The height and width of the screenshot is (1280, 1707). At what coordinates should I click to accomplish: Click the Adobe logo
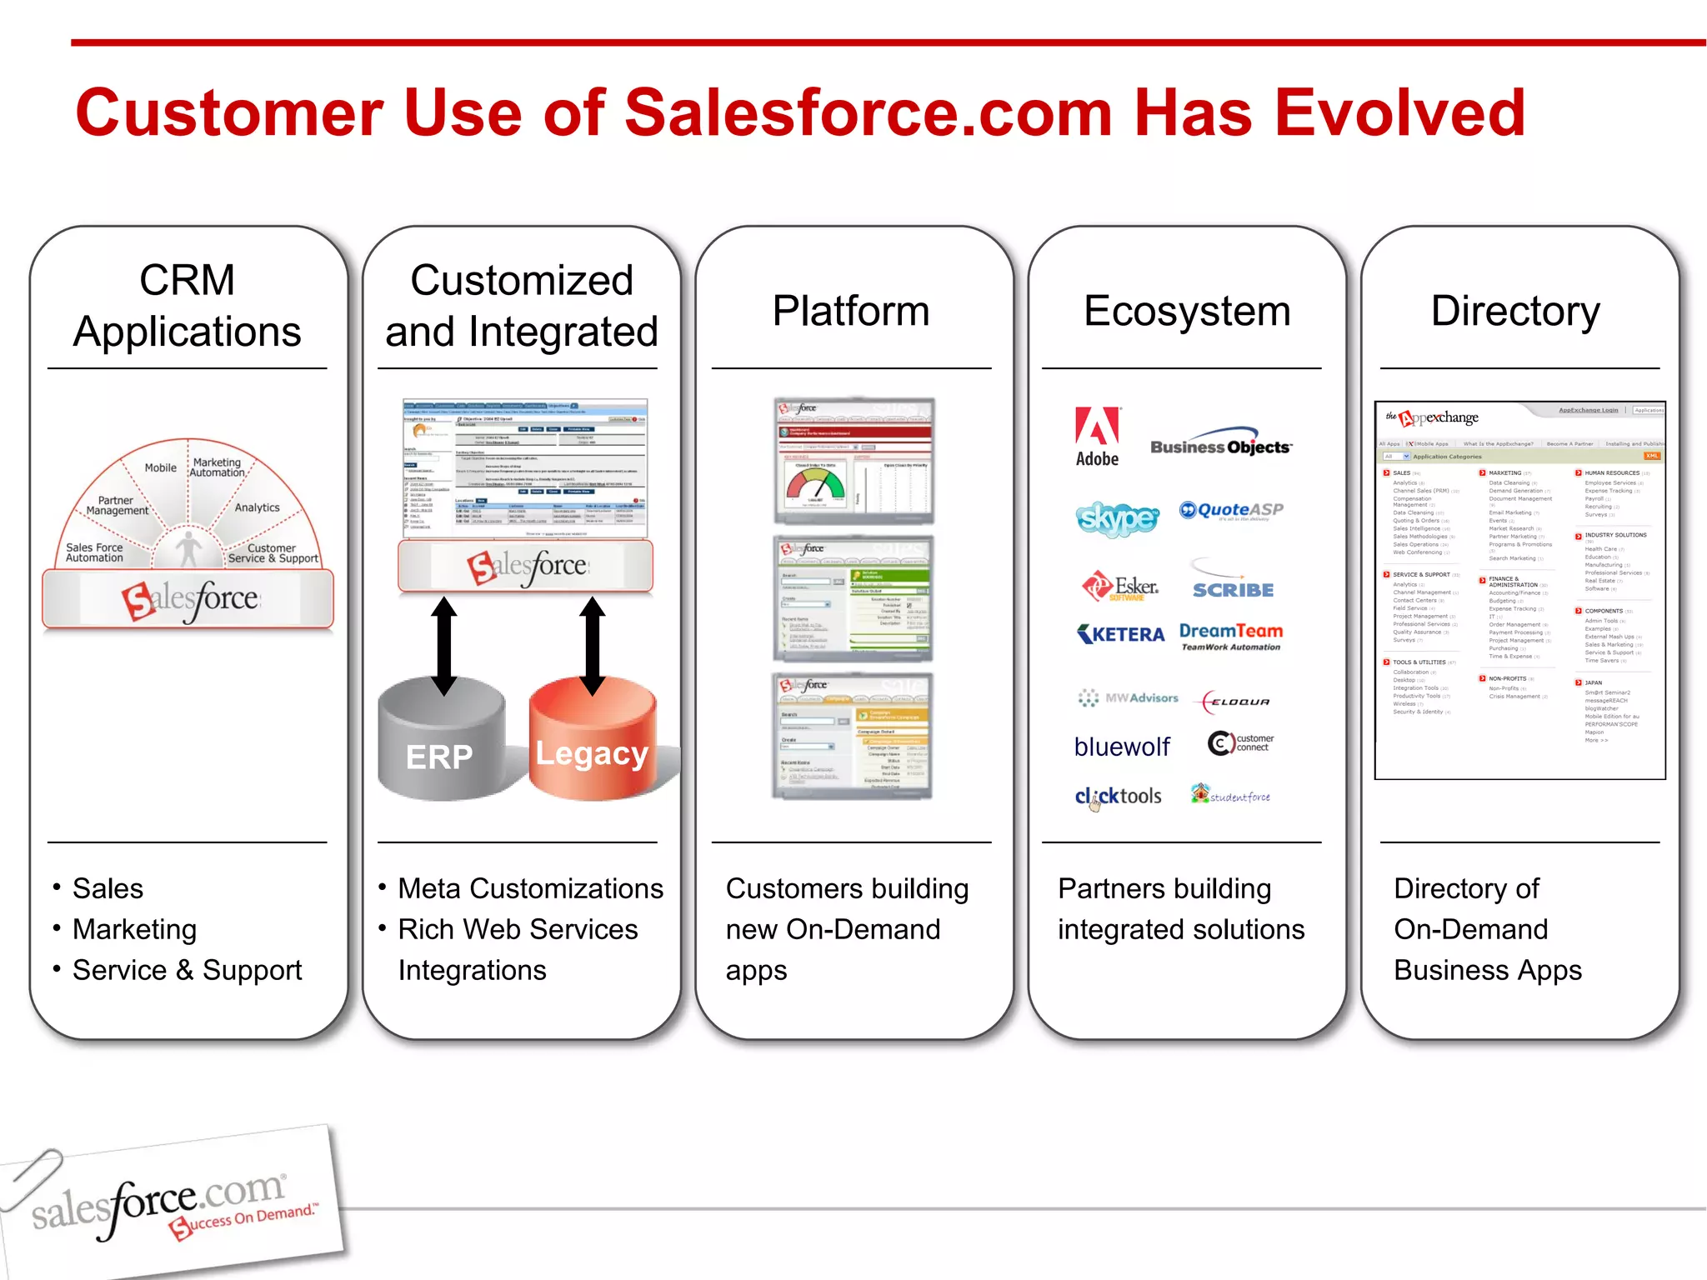pos(1097,436)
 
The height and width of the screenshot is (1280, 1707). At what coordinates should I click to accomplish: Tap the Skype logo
pos(1117,517)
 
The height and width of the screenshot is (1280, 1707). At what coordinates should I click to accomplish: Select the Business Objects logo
pos(1221,445)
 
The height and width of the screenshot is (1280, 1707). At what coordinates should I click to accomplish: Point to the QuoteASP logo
pos(1231,510)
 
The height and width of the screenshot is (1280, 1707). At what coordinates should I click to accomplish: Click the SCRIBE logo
pos(1233,588)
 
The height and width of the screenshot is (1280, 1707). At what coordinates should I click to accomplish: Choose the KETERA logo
pos(1121,634)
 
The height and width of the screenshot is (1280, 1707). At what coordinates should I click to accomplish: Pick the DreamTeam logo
pos(1231,636)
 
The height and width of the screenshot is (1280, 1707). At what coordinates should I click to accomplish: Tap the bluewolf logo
pos(1122,747)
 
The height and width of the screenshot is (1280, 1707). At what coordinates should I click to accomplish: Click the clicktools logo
pos(1118,796)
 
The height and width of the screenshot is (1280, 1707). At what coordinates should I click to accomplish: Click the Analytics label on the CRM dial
pos(257,507)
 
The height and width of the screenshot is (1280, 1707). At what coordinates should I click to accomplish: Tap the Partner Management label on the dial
pos(117,506)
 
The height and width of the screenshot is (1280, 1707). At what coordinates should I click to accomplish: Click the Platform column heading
pos(850,311)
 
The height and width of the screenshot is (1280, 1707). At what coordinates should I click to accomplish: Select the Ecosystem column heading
pos(1186,311)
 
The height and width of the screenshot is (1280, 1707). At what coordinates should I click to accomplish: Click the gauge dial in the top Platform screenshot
pos(815,484)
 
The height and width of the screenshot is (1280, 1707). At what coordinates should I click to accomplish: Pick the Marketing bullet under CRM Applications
pos(134,929)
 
